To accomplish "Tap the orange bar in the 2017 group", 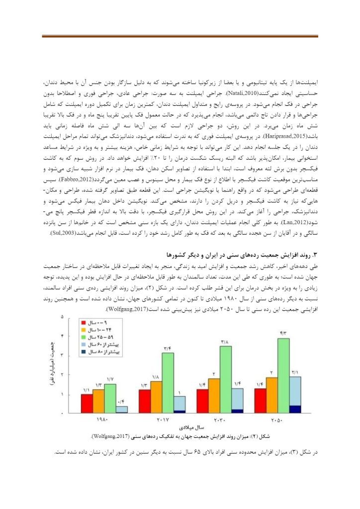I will tap(156, 397).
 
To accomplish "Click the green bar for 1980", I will tap(110, 398).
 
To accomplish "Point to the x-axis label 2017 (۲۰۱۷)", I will tap(162, 421).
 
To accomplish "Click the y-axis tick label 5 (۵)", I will tap(62, 317).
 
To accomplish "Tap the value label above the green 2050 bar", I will tap(283, 333).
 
